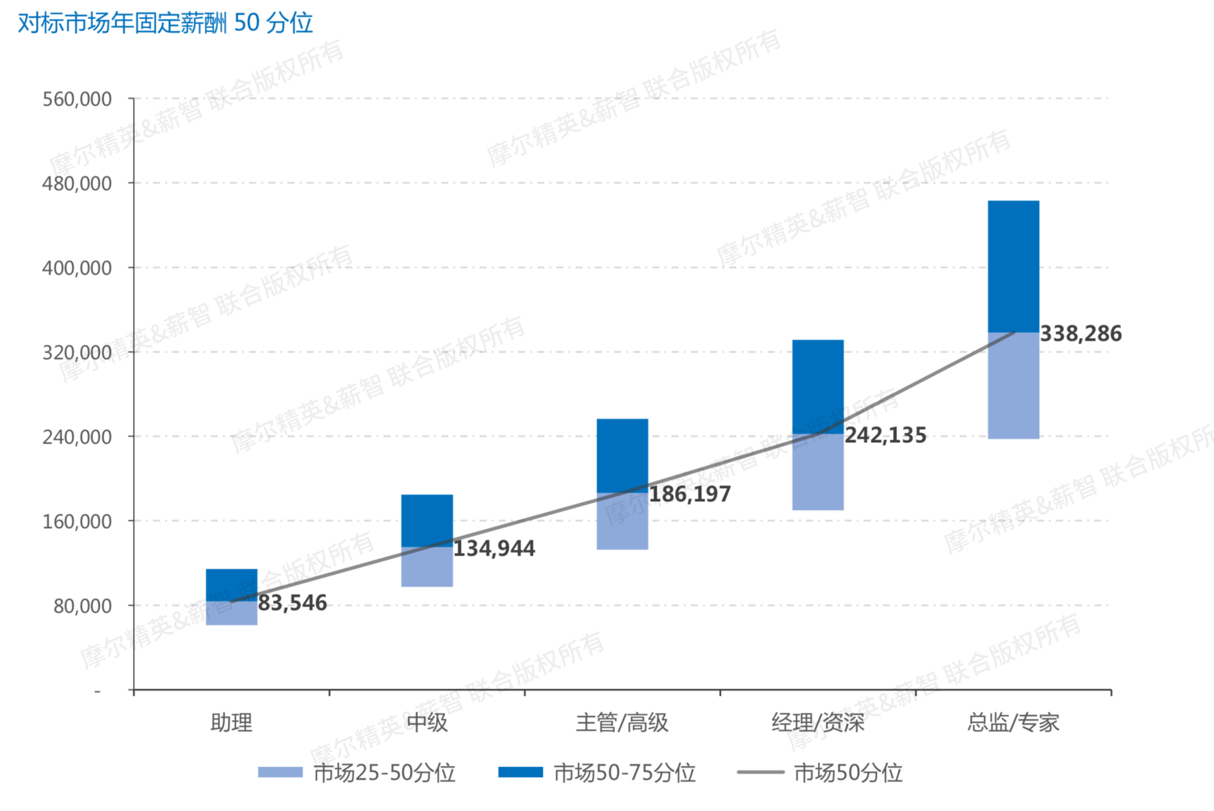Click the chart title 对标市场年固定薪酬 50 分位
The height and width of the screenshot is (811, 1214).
click(x=165, y=23)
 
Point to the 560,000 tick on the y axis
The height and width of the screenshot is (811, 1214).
click(x=77, y=100)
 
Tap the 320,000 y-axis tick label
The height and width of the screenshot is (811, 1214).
click(x=77, y=353)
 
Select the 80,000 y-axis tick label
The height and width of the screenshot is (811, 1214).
click(x=82, y=606)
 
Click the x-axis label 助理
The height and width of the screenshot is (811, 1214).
click(x=231, y=723)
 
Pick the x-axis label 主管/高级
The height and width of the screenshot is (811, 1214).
click(x=622, y=723)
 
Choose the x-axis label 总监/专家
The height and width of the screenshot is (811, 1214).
click(x=1013, y=723)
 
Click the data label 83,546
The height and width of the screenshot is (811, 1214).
click(x=292, y=603)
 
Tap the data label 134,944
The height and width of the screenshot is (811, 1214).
click(x=494, y=548)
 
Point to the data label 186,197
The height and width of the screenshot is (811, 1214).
click(x=690, y=494)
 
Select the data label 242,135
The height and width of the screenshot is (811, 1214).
click(x=885, y=436)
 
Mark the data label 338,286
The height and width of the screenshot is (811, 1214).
click(x=1080, y=334)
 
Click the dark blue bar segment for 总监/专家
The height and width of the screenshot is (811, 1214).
click(x=1013, y=267)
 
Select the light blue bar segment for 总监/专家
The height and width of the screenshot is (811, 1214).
click(x=1013, y=385)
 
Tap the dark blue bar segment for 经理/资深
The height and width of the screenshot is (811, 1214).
click(x=818, y=387)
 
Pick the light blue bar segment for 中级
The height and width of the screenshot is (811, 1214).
click(x=427, y=567)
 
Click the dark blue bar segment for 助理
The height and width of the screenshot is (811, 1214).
click(x=231, y=584)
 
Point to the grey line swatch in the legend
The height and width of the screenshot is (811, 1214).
click(x=760, y=772)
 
